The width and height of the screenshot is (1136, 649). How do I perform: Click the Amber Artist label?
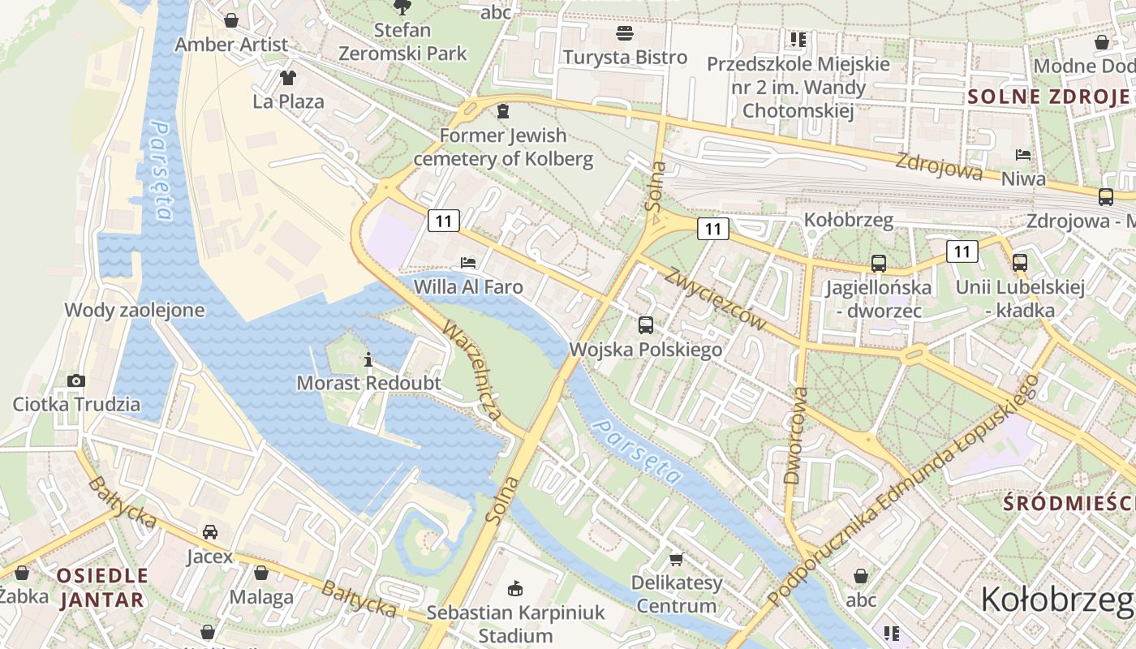[x=231, y=45]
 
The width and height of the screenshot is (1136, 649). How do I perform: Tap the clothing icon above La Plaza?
[x=288, y=78]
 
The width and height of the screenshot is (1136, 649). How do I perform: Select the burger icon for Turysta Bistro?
[x=625, y=33]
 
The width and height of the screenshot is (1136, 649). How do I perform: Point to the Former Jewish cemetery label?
[x=503, y=147]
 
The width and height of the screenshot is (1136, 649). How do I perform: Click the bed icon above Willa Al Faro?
[x=468, y=262]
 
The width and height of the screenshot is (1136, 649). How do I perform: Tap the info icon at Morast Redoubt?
[x=369, y=359]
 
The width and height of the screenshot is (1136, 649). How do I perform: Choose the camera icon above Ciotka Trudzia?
[x=76, y=380]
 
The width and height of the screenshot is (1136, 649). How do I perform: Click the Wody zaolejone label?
[x=135, y=310]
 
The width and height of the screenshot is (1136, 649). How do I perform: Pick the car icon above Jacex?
[x=209, y=532]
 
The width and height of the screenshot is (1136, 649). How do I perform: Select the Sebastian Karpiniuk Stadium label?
[x=515, y=623]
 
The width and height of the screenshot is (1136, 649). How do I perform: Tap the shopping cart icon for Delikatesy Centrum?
[x=676, y=559]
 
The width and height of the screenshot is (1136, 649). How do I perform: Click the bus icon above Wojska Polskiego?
[x=646, y=325]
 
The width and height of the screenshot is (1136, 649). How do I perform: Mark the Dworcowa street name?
[x=797, y=436]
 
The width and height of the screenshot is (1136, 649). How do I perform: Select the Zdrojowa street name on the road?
[x=939, y=165]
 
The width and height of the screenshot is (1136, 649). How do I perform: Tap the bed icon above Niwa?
[x=1023, y=154]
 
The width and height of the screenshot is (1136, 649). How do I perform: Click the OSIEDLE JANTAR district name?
[x=102, y=588]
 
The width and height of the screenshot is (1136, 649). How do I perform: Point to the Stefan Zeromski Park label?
[x=402, y=42]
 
